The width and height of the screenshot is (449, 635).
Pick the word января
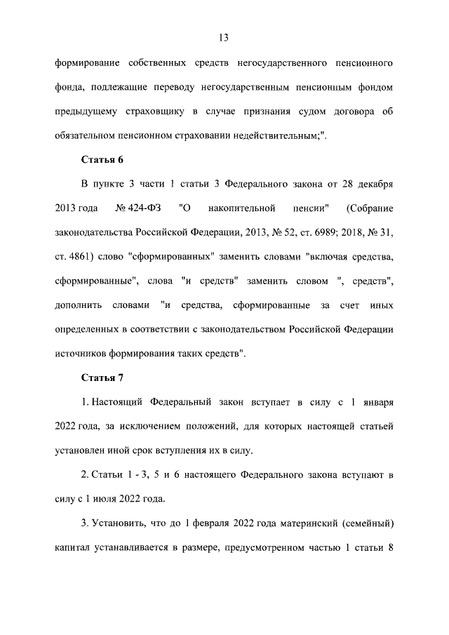(376, 403)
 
